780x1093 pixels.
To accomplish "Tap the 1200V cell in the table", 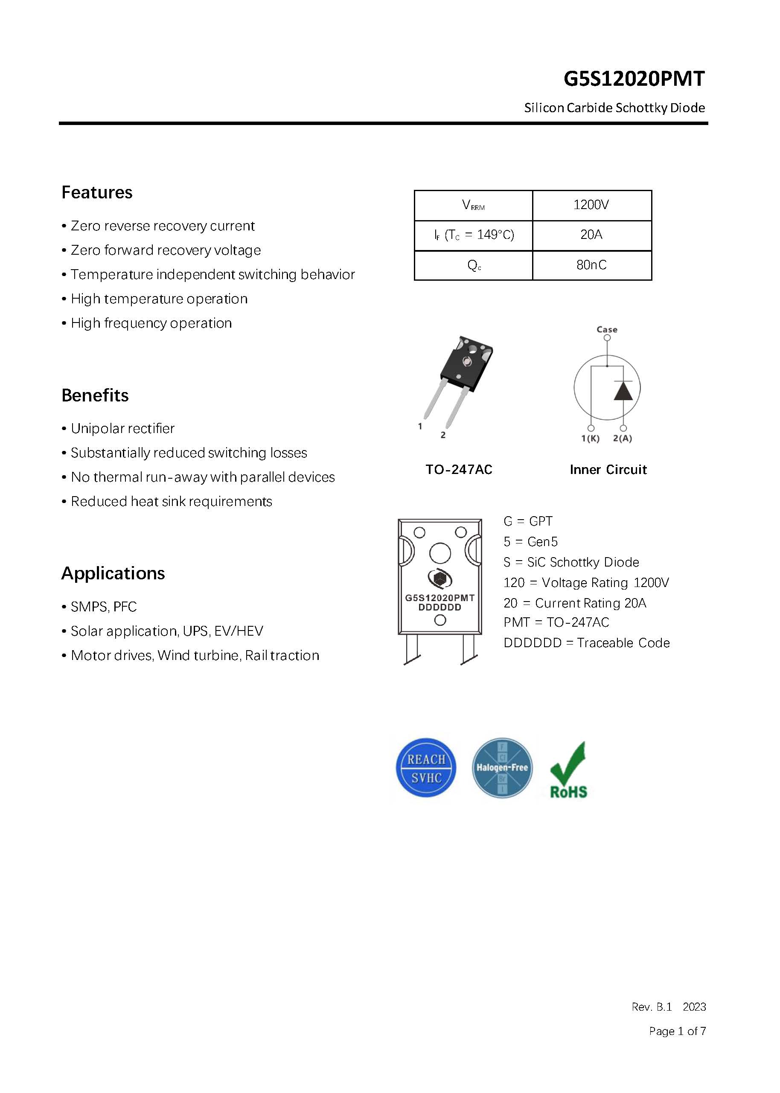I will tap(591, 205).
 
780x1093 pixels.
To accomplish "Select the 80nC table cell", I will tap(591, 265).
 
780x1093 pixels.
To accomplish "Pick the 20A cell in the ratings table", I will tap(591, 235).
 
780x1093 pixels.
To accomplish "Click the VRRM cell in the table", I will tap(473, 206).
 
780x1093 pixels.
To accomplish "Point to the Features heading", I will tap(97, 192).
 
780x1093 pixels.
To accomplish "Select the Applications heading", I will tap(113, 573).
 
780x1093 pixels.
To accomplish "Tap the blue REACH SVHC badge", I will tap(426, 768).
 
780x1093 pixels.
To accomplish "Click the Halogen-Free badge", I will tap(502, 768).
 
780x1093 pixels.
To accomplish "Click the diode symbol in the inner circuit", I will tap(623, 391).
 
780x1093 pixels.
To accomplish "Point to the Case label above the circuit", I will tap(607, 329).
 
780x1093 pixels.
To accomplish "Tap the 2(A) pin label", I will tap(623, 439).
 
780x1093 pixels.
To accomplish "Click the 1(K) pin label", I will tap(590, 439).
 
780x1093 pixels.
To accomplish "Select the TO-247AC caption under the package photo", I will tap(459, 470).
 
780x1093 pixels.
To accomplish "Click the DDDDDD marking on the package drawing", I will tap(439, 608).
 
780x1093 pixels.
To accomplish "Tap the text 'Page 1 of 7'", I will tap(677, 1031).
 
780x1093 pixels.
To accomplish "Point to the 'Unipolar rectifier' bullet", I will tap(122, 428).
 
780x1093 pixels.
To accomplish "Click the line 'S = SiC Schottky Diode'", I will tap(571, 562).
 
